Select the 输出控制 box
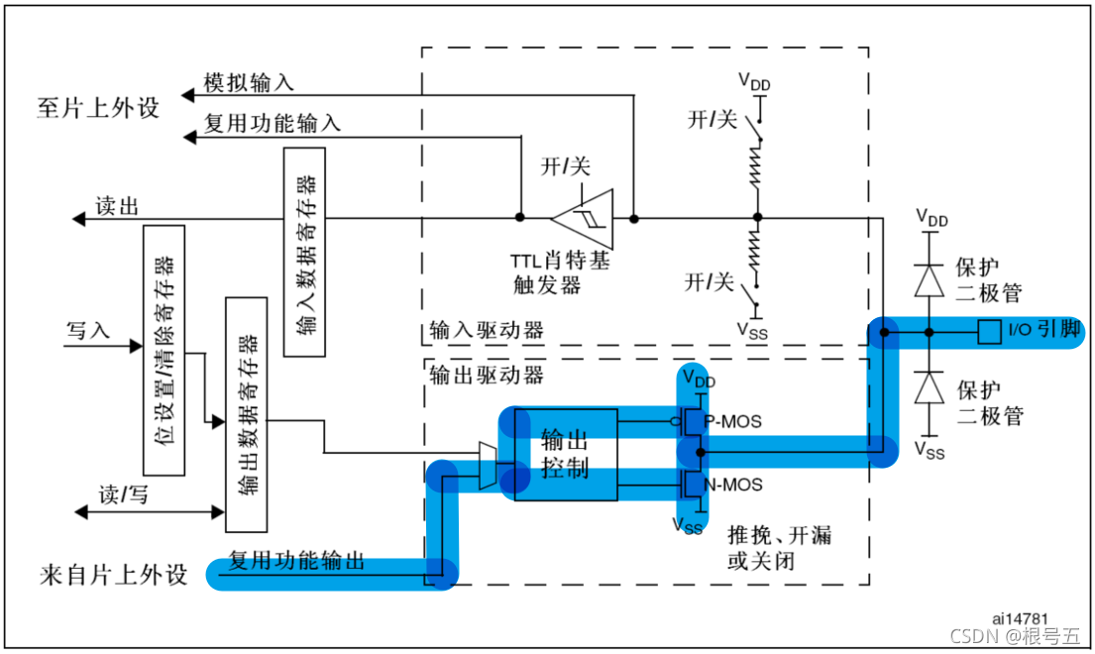point(565,454)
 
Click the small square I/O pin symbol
point(987,331)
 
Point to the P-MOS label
point(732,421)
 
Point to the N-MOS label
point(732,485)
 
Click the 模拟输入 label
point(248,83)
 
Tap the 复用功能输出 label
point(296,562)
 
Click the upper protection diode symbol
point(929,281)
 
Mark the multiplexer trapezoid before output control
point(486,466)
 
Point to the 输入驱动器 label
point(487,331)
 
